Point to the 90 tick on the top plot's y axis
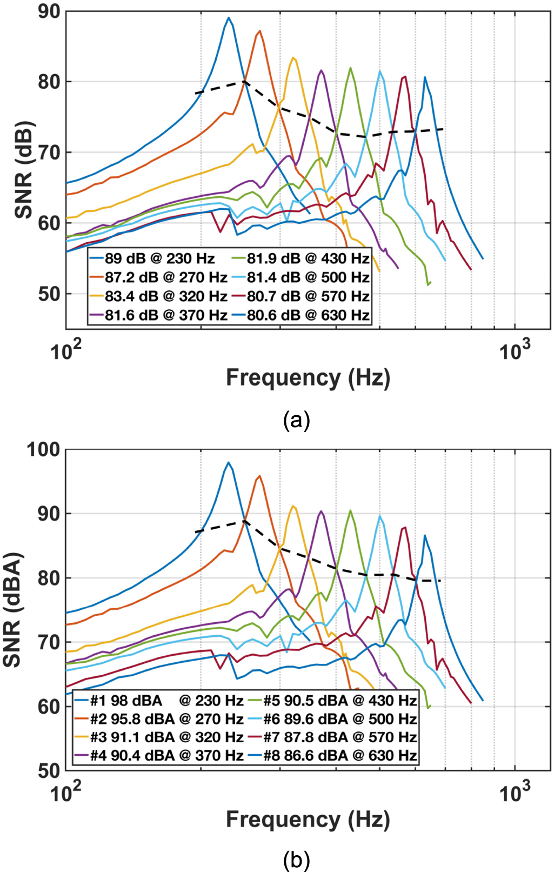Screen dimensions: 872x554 click(49, 12)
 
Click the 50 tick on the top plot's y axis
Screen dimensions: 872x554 click(49, 294)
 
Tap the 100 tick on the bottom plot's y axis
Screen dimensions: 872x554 click(44, 449)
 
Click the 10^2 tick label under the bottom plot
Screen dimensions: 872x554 click(66, 793)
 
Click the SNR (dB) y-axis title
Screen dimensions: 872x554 click(24, 170)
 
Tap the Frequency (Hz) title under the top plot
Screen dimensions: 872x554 click(308, 377)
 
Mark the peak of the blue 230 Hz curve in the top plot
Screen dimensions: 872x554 click(229, 18)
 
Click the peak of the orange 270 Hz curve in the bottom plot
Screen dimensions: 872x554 click(259, 476)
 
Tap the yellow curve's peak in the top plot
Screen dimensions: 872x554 click(293, 58)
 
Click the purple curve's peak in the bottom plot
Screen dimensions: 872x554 click(321, 511)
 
